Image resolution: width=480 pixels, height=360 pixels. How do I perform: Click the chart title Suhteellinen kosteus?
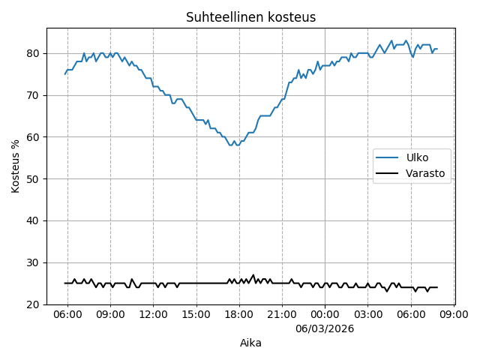(250, 17)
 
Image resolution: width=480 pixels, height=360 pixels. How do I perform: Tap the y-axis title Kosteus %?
(16, 166)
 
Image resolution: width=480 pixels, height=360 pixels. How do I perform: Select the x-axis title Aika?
(250, 343)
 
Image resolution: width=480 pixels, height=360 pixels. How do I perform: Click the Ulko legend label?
(417, 158)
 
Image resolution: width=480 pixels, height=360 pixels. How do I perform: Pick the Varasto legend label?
(425, 173)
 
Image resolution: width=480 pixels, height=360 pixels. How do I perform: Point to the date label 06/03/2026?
(325, 328)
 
